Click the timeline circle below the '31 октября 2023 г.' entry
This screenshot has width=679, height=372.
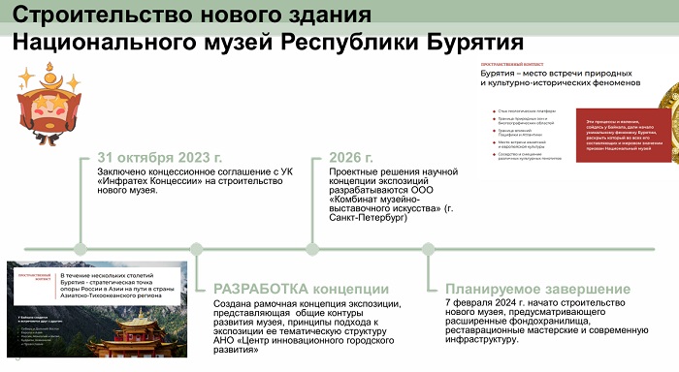click(81, 248)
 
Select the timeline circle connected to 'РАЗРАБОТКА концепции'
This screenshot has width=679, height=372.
click(197, 248)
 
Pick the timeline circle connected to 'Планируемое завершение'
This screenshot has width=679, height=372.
click(429, 248)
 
